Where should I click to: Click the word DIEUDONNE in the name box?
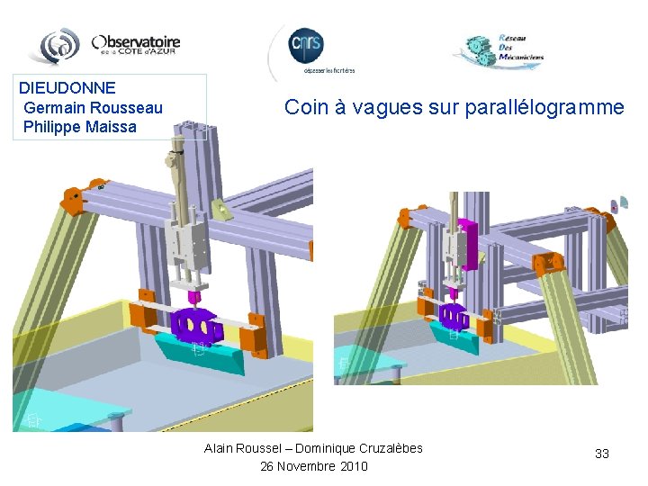67,88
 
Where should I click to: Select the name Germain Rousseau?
94,108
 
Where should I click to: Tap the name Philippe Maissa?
80,127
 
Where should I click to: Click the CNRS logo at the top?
306,45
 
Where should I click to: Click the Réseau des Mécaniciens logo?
499,50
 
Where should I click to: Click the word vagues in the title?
387,108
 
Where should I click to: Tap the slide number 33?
602,454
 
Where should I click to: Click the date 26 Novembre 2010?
314,466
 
